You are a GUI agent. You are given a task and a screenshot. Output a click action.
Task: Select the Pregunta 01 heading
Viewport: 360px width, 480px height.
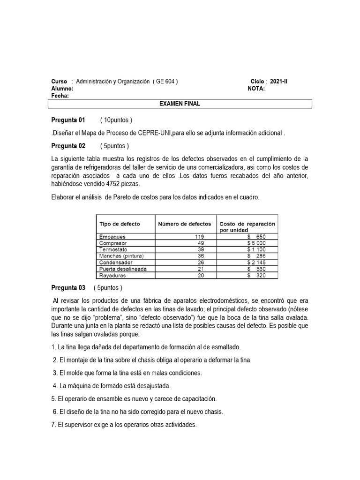tap(68, 120)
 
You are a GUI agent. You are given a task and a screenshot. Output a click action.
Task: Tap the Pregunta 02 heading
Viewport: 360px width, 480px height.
tap(68, 146)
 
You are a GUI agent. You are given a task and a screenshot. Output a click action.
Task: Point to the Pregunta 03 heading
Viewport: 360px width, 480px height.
tap(68, 288)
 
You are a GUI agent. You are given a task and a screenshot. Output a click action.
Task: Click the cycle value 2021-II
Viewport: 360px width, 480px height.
tap(279, 81)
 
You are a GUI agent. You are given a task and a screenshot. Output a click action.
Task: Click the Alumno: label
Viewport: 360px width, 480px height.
tap(62, 88)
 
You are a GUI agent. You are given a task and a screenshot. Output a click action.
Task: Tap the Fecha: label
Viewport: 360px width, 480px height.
tap(60, 96)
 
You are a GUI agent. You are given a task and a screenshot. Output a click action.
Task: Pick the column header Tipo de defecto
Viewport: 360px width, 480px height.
tap(120, 224)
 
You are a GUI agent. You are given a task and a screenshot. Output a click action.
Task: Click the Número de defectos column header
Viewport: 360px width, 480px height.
tap(185, 224)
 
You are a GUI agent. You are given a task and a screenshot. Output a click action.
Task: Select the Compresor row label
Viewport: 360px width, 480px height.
tap(113, 243)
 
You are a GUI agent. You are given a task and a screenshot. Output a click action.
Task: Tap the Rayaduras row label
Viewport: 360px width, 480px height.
tap(113, 275)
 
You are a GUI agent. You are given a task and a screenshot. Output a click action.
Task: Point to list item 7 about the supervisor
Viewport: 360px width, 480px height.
tap(124, 425)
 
